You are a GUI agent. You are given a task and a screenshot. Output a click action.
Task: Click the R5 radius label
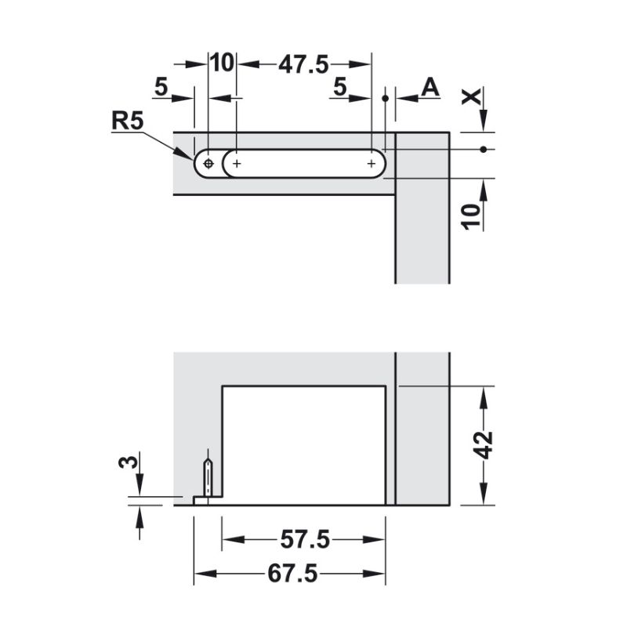pyautogui.click(x=127, y=121)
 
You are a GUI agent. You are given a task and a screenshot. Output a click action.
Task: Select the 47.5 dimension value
pyautogui.click(x=303, y=64)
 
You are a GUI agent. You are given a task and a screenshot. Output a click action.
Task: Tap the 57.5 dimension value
pyautogui.click(x=305, y=539)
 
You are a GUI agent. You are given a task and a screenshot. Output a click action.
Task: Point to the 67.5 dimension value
pyautogui.click(x=292, y=574)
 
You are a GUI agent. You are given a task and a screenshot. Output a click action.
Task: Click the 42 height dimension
pyautogui.click(x=483, y=444)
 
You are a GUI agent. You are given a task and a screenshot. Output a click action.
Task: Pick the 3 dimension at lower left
pyautogui.click(x=128, y=462)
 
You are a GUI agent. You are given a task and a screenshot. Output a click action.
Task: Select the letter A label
pyautogui.click(x=430, y=88)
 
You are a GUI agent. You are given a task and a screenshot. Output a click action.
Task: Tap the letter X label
pyautogui.click(x=472, y=97)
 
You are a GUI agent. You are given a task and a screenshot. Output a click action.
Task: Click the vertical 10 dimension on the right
pyautogui.click(x=473, y=217)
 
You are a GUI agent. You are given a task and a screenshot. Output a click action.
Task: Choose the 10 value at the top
pyautogui.click(x=222, y=63)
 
